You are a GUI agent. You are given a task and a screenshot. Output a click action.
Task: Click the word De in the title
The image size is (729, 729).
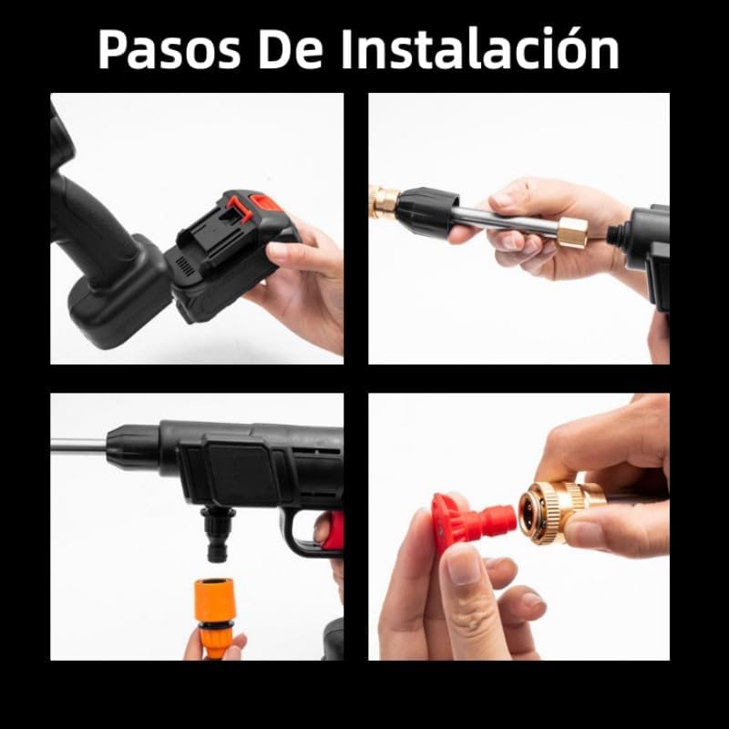(286, 49)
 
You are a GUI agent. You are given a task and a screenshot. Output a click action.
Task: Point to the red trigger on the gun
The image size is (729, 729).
(334, 533)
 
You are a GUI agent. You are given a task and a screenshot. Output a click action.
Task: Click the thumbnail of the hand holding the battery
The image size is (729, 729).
(197, 229)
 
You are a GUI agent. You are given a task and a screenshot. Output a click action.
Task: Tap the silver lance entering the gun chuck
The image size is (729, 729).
(77, 446)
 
